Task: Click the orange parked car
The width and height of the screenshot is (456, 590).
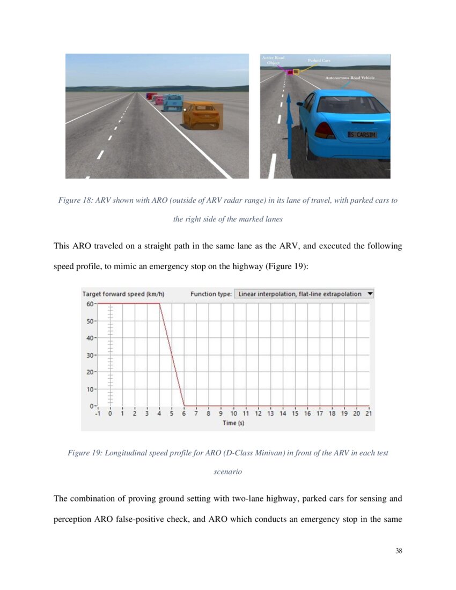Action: (201, 115)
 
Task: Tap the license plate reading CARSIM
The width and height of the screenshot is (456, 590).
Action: (362, 135)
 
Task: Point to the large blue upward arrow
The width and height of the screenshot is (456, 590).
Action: (289, 126)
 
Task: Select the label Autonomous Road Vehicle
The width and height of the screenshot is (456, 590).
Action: (350, 78)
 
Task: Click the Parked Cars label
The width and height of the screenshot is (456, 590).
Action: (319, 61)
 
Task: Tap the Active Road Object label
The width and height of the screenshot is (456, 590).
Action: (273, 60)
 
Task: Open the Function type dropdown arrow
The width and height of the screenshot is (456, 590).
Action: (370, 294)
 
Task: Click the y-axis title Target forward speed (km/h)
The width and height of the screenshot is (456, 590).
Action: (123, 294)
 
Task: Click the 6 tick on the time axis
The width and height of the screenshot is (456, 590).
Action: (184, 414)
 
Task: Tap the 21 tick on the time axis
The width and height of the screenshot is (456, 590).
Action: (369, 414)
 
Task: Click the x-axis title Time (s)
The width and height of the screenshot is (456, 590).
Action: (233, 423)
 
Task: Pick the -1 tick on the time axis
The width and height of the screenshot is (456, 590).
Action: (98, 414)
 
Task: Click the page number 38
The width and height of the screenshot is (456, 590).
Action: (398, 551)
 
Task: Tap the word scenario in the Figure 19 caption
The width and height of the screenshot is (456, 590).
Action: (227, 473)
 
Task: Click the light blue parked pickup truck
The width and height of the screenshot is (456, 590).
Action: (172, 102)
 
